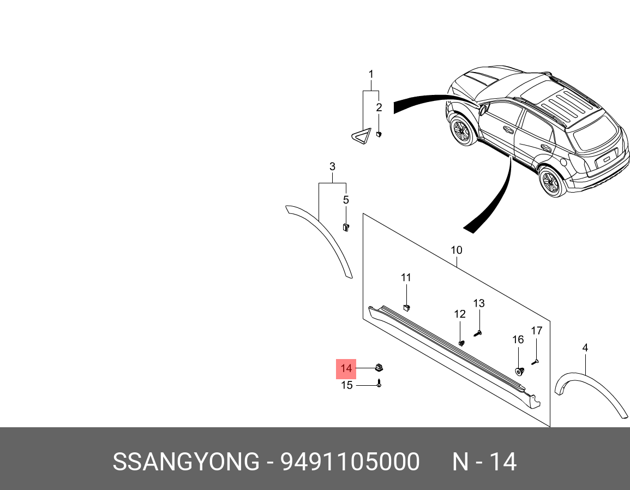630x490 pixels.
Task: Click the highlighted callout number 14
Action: click(346, 369)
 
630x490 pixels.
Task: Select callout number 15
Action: click(347, 386)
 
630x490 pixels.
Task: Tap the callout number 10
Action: click(457, 250)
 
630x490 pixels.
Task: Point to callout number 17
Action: click(537, 331)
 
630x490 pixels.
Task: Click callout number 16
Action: click(518, 340)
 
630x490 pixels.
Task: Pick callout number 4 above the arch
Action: click(585, 348)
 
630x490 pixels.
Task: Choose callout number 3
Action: click(332, 166)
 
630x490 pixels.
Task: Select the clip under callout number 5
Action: click(345, 226)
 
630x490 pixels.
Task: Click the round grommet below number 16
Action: click(519, 372)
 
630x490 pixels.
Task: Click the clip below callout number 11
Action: click(406, 307)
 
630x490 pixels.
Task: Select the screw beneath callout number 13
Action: click(478, 332)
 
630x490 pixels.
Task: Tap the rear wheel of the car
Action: click(552, 182)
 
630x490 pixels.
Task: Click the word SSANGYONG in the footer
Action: click(185, 462)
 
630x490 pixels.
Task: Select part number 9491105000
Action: click(350, 462)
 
